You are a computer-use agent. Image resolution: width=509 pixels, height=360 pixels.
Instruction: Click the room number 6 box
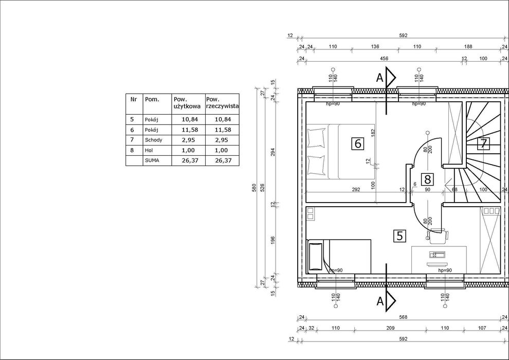358,143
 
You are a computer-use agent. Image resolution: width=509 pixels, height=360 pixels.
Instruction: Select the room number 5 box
399,236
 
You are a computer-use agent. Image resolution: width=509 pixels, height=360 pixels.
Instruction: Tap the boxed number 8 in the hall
428,179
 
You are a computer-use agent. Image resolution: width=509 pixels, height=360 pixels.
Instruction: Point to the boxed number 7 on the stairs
484,143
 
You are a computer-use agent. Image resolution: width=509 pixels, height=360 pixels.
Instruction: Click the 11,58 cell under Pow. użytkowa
190,130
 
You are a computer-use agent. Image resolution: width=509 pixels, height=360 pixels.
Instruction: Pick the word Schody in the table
154,140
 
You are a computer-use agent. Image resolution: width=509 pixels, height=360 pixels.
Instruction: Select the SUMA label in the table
152,160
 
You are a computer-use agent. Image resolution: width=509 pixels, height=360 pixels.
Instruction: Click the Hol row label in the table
149,150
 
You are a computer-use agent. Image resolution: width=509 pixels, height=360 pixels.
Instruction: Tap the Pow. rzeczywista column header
222,102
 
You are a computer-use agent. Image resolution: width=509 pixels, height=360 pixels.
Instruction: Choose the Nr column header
133,99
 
